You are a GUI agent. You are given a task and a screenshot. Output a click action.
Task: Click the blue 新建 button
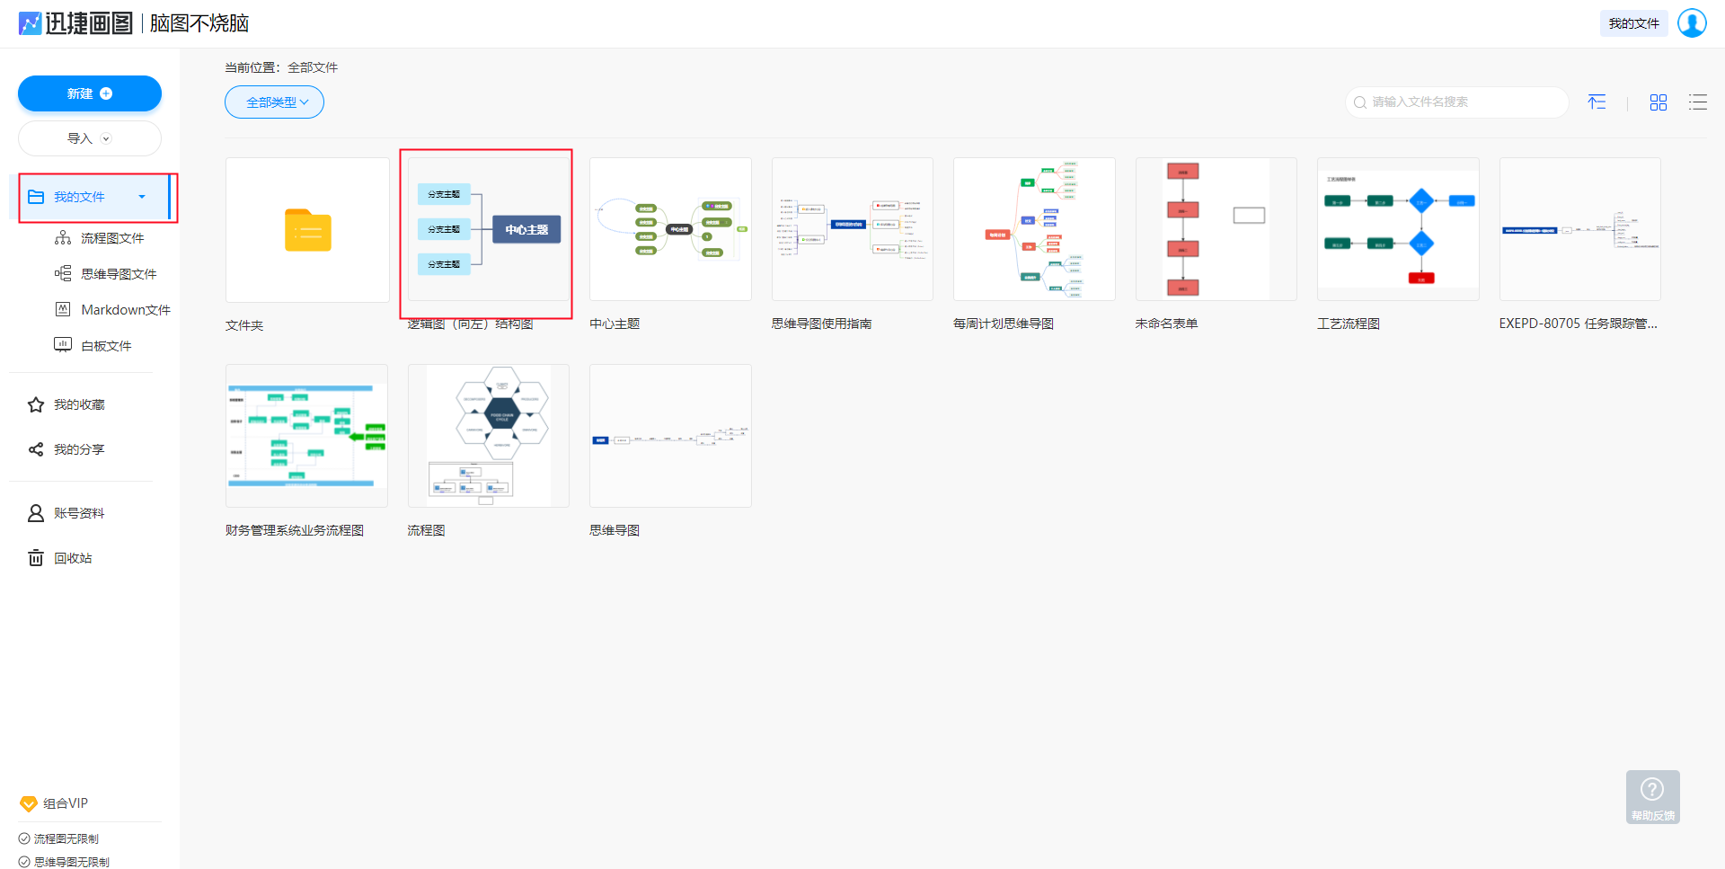[89, 93]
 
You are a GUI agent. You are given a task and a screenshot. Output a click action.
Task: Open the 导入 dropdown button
[89, 138]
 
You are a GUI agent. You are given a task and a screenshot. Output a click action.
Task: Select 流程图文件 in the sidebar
[111, 238]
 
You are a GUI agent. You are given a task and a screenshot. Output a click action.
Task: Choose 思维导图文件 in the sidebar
[118, 274]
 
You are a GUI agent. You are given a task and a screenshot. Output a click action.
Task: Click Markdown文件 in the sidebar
[125, 310]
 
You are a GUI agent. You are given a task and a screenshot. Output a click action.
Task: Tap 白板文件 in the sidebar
[105, 346]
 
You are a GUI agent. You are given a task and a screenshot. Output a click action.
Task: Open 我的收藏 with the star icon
[78, 404]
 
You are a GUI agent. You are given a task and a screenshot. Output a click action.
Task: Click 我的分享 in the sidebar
[78, 449]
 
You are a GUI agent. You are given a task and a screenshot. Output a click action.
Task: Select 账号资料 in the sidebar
[78, 513]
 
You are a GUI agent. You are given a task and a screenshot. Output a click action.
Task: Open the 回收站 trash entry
[72, 558]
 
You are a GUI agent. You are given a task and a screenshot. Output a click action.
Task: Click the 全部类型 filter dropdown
[274, 102]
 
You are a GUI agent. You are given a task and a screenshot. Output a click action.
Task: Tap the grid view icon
[1658, 102]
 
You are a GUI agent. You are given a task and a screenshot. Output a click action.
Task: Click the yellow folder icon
[307, 230]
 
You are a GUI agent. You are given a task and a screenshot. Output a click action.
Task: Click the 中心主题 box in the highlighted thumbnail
[526, 229]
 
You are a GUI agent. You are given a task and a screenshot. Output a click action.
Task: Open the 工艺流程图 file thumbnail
[1397, 229]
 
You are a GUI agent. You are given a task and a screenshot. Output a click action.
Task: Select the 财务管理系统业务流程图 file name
[295, 530]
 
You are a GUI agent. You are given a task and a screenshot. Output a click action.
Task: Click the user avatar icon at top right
[1692, 23]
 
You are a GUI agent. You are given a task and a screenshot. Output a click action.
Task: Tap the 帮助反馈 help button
[1652, 797]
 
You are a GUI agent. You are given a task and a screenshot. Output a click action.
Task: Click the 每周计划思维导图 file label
[1003, 324]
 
